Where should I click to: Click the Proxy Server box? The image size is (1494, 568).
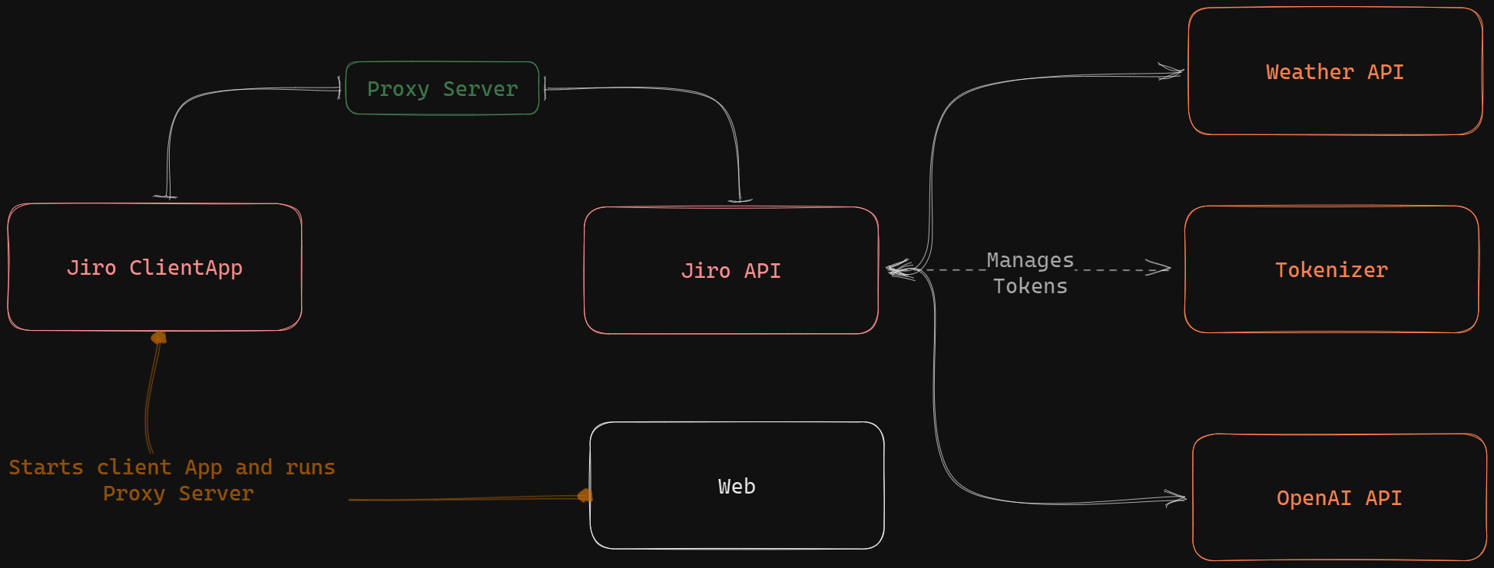click(x=442, y=88)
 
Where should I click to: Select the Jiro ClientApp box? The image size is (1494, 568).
click(x=154, y=267)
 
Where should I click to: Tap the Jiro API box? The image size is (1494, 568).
click(x=730, y=270)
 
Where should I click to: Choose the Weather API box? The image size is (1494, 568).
click(x=1335, y=71)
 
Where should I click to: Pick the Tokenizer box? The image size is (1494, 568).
click(x=1331, y=269)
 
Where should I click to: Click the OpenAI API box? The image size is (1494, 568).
click(x=1339, y=497)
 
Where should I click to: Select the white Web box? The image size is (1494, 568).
click(x=737, y=486)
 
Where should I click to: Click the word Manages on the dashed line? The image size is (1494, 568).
click(x=1029, y=260)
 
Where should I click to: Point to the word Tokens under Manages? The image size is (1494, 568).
click(x=1029, y=286)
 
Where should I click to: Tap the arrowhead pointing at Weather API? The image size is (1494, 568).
click(x=1173, y=73)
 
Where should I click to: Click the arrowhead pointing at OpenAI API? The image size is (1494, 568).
click(x=1176, y=498)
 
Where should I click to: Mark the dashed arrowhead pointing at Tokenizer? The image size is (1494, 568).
click(x=1160, y=268)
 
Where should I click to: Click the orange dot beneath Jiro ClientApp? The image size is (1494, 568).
click(x=159, y=338)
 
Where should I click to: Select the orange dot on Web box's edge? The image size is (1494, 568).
click(x=585, y=496)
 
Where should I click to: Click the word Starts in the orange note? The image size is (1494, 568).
click(x=45, y=467)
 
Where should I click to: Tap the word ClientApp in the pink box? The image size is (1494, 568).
click(x=185, y=267)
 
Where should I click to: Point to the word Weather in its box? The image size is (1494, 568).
click(x=1309, y=71)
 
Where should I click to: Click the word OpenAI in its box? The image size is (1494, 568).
click(x=1313, y=497)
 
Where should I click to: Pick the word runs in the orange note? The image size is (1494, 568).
click(x=310, y=467)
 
